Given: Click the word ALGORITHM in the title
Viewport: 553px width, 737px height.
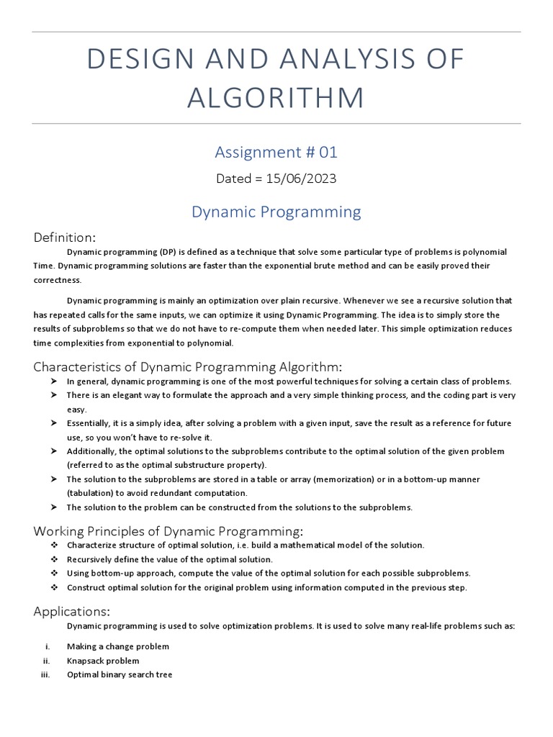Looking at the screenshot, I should (276, 98).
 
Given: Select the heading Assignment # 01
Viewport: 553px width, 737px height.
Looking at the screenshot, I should (276, 152).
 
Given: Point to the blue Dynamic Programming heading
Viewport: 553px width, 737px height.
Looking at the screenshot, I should (276, 212).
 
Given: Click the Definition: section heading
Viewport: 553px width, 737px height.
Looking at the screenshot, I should (65, 238).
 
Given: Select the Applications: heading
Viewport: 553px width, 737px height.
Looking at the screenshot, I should (72, 611).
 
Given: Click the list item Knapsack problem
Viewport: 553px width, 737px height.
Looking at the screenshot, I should (103, 661).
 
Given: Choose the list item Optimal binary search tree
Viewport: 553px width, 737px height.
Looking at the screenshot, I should (120, 675).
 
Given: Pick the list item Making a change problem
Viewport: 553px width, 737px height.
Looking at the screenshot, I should (118, 646).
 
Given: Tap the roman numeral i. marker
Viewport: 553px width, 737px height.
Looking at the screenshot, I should (47, 646).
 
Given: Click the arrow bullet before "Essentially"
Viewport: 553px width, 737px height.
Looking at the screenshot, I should (54, 423).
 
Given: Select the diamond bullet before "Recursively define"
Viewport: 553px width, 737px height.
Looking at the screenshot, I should (54, 559).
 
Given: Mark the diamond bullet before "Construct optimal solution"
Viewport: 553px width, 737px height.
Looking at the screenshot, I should (54, 587).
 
